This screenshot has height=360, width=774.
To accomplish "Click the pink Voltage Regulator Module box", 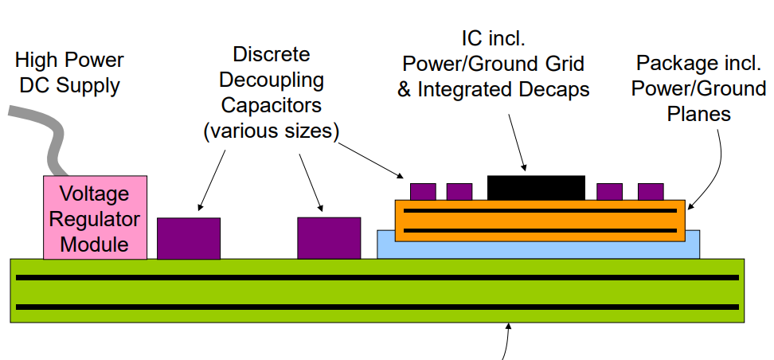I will [95, 217].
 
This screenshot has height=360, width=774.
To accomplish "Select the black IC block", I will [536, 188].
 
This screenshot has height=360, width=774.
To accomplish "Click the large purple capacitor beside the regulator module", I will [189, 238].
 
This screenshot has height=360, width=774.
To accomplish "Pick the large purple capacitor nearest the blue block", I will [329, 237].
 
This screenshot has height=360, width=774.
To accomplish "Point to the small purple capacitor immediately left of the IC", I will [459, 191].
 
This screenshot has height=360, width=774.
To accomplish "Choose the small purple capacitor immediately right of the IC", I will [609, 191].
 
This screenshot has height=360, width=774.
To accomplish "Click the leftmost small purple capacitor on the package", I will [423, 191].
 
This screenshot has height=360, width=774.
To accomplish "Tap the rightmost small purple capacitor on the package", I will [651, 191].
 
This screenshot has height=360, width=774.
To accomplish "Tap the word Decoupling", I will [272, 80].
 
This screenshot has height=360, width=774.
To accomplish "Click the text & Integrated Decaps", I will [493, 89].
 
